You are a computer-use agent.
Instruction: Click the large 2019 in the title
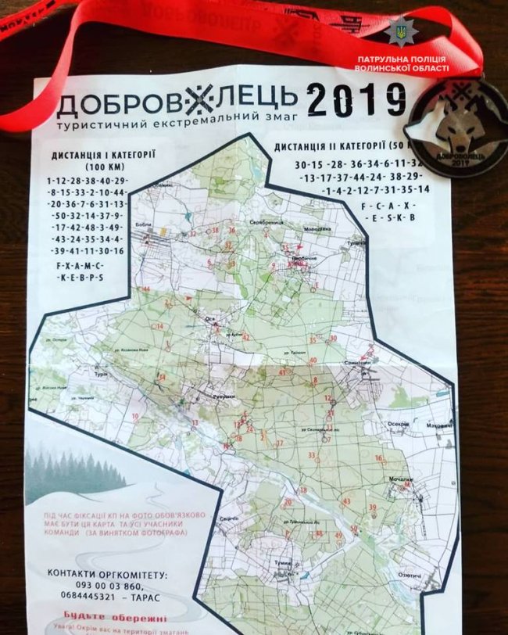(x=356, y=101)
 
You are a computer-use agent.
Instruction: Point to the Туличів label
(x=358, y=242)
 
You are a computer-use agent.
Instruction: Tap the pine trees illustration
(x=74, y=469)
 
